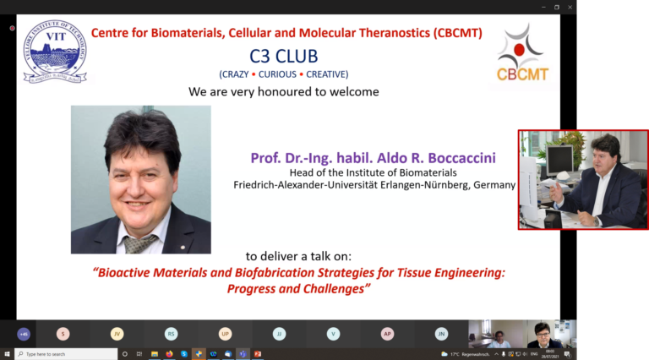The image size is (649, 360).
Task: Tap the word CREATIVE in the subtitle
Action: (327, 74)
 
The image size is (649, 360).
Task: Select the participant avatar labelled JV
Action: (117, 334)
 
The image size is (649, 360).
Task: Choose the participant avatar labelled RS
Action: (171, 334)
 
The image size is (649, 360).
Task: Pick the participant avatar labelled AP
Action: (387, 334)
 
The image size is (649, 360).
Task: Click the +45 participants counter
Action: (24, 334)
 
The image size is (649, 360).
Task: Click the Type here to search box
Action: (63, 354)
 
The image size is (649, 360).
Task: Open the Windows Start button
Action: (7, 354)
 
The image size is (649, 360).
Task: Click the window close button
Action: (571, 7)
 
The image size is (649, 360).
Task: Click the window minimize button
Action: (542, 7)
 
